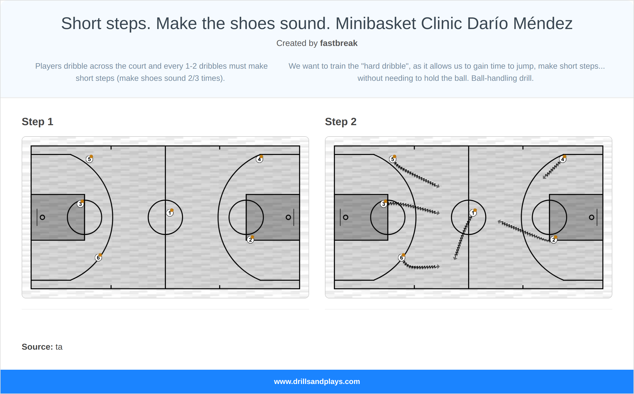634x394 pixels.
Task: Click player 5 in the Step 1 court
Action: (89, 159)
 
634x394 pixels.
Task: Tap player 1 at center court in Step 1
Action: (170, 213)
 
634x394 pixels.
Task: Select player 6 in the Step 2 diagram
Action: (402, 257)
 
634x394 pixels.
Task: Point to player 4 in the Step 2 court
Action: (563, 159)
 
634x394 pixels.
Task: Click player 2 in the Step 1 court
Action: (250, 240)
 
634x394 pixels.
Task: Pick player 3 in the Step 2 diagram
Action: (384, 204)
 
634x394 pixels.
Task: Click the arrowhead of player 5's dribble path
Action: (438, 186)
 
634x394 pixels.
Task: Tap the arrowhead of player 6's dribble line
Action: (439, 267)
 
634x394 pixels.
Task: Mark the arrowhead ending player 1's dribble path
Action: (455, 258)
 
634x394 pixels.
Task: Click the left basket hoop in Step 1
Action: (42, 217)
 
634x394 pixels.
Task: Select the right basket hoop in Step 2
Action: (591, 217)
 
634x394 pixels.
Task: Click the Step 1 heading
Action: (38, 122)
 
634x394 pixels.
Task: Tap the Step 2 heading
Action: (341, 122)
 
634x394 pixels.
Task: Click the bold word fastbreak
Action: (339, 43)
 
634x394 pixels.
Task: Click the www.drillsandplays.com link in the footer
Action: (317, 381)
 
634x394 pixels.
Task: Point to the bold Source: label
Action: (37, 347)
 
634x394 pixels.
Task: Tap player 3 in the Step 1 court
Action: (80, 204)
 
